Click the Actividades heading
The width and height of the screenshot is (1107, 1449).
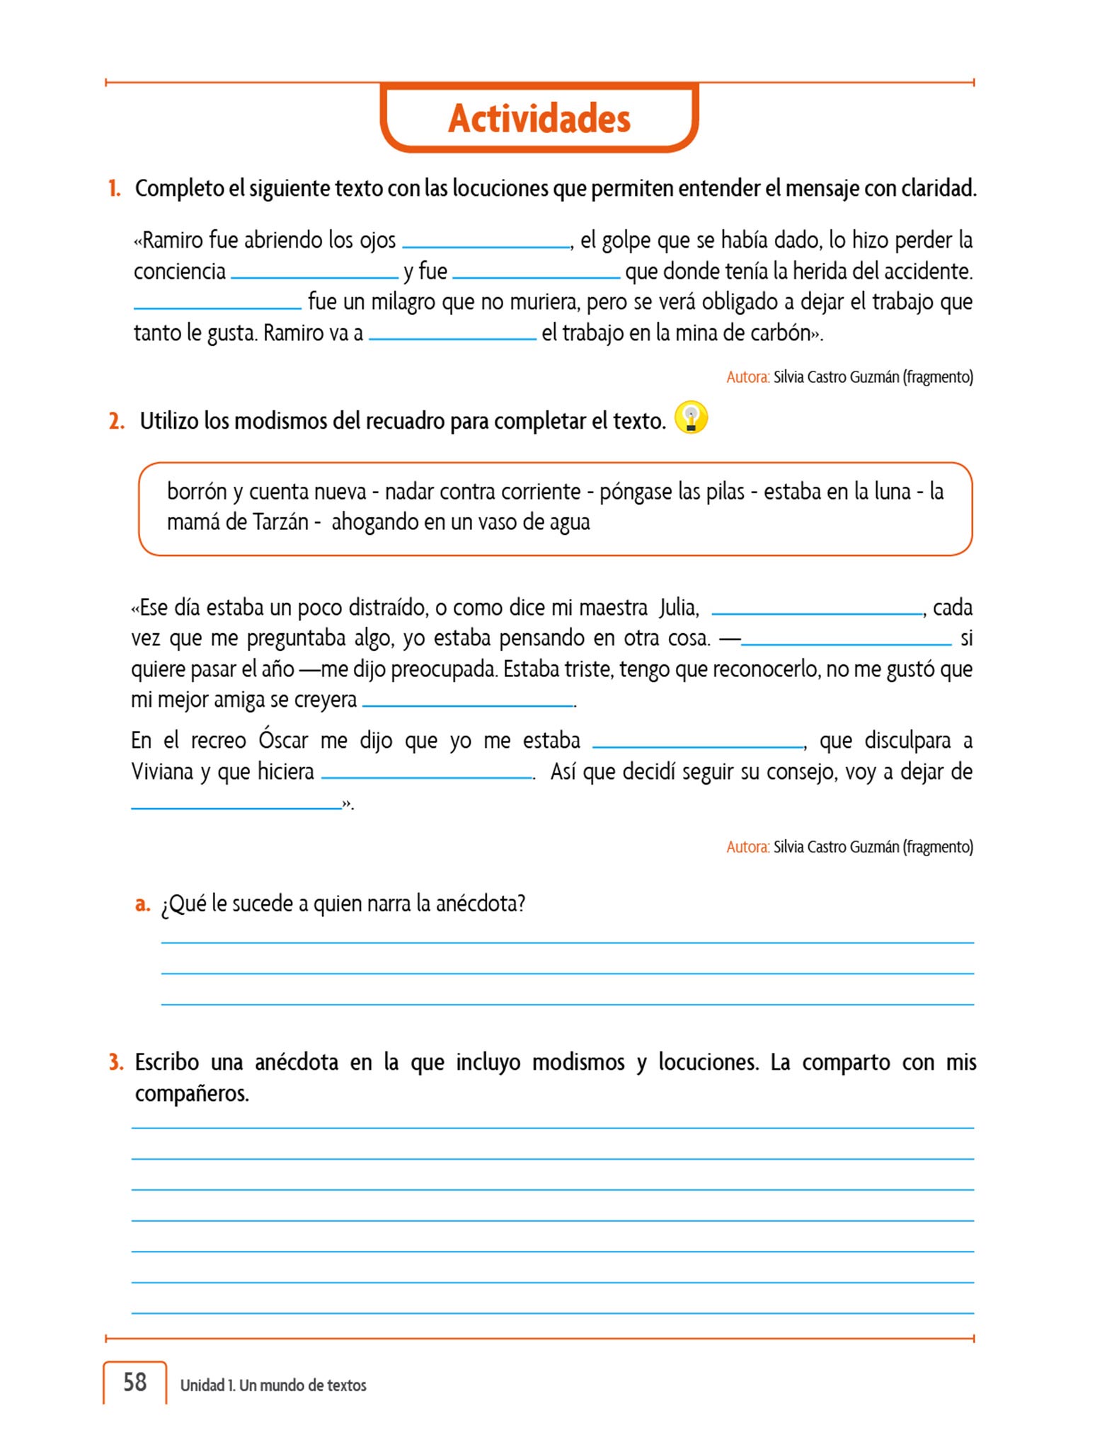pyautogui.click(x=539, y=118)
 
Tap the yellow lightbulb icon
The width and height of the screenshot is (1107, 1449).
pyautogui.click(x=691, y=417)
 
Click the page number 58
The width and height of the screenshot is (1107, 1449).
pyautogui.click(x=134, y=1382)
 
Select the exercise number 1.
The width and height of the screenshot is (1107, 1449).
pyautogui.click(x=114, y=189)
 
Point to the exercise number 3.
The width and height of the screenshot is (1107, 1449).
pyautogui.click(x=116, y=1062)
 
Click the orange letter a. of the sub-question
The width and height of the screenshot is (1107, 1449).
pyautogui.click(x=142, y=904)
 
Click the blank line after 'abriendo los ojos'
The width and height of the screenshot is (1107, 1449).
pyautogui.click(x=486, y=243)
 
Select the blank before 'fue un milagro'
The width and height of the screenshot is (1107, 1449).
pyautogui.click(x=217, y=305)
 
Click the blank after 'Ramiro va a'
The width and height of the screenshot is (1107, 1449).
pyautogui.click(x=452, y=335)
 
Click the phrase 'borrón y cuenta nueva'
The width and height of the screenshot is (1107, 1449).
pyautogui.click(x=266, y=491)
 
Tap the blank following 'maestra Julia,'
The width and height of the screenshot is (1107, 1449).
pyautogui.click(x=817, y=611)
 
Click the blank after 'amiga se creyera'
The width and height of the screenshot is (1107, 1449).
pyautogui.click(x=467, y=702)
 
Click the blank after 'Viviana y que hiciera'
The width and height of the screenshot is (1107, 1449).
pyautogui.click(x=427, y=774)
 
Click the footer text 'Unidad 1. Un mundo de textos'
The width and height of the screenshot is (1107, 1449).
pyautogui.click(x=273, y=1385)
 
